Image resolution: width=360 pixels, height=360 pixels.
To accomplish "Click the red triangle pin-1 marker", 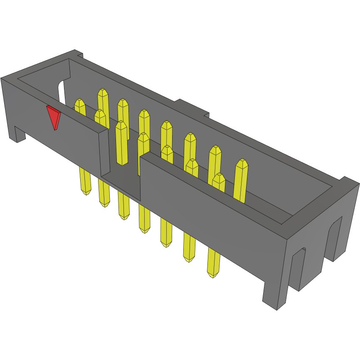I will [x=54, y=116].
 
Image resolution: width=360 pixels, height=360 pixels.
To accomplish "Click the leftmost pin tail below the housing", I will [x=84, y=181].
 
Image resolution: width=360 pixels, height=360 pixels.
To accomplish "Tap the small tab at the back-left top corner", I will [x=78, y=53].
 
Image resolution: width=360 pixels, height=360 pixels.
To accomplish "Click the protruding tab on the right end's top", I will [x=348, y=181].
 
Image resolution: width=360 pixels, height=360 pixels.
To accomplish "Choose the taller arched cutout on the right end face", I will [x=335, y=237].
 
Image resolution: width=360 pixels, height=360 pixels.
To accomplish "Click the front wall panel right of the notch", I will [x=208, y=208].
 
